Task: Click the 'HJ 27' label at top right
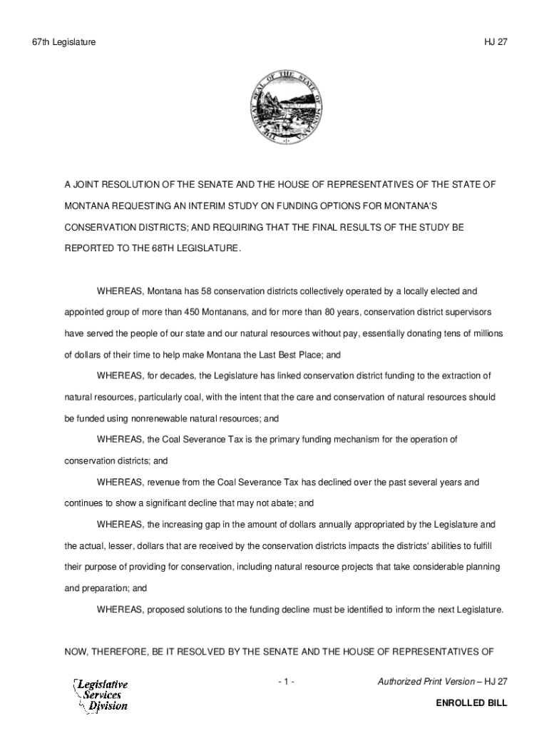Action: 494,43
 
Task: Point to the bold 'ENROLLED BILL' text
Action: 471,703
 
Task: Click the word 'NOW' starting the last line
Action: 76,652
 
